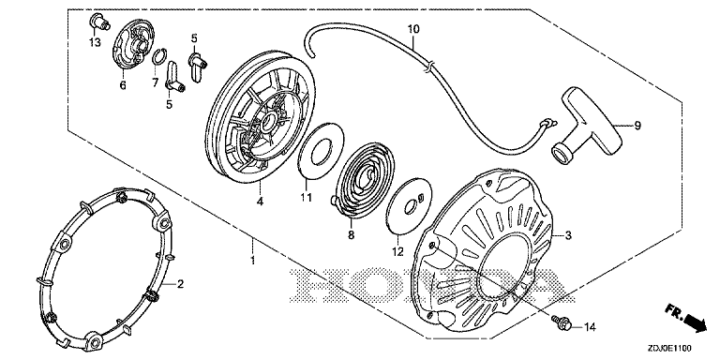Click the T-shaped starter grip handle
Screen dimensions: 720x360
click(585, 128)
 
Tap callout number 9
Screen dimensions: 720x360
click(637, 126)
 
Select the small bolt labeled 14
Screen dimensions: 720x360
click(562, 322)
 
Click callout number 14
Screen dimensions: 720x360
click(590, 327)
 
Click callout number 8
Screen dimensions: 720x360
click(352, 234)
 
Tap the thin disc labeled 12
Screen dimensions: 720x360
click(410, 208)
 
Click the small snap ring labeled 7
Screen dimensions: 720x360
click(157, 57)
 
